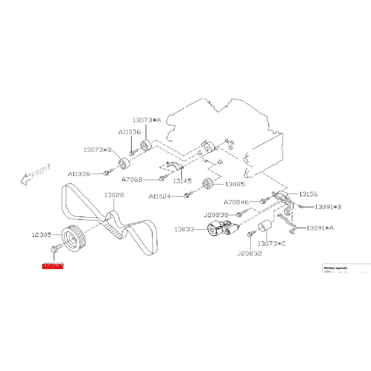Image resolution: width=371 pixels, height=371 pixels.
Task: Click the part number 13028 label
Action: [x=114, y=195]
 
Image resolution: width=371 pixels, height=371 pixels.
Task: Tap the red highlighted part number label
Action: [x=53, y=265]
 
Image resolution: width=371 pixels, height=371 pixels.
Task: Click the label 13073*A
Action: [x=146, y=120]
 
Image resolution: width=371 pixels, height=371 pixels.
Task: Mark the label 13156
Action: [x=309, y=194]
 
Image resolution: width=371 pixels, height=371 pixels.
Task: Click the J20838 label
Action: [x=216, y=215]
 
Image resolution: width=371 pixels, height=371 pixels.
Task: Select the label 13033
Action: [x=184, y=229]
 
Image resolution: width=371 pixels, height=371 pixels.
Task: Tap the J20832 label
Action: [x=249, y=253]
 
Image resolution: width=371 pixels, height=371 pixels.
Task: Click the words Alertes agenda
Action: [x=335, y=268]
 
